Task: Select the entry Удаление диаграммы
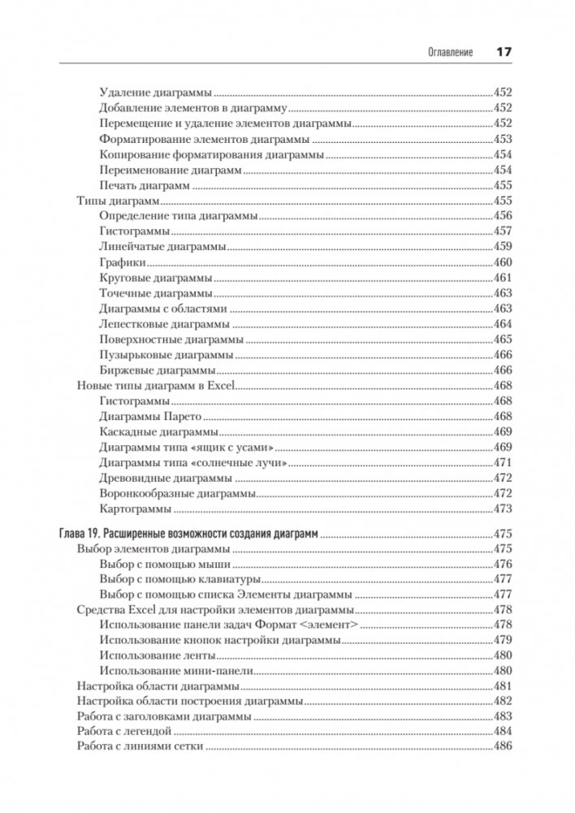155,93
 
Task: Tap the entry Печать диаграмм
145,185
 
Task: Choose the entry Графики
123,262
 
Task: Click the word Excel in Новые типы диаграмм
220,386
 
